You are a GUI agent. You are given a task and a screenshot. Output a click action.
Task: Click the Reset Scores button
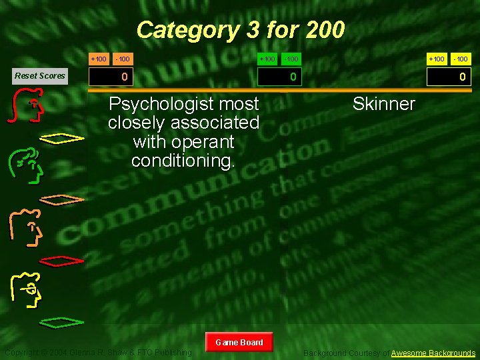40,75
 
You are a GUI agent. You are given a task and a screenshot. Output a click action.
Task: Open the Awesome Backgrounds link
433,353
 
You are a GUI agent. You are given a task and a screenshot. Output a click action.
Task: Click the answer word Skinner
383,104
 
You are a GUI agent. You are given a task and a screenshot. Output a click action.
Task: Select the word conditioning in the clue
183,161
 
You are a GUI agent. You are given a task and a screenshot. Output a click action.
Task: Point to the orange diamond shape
61,199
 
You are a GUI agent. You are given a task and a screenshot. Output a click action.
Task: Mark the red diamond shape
61,260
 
